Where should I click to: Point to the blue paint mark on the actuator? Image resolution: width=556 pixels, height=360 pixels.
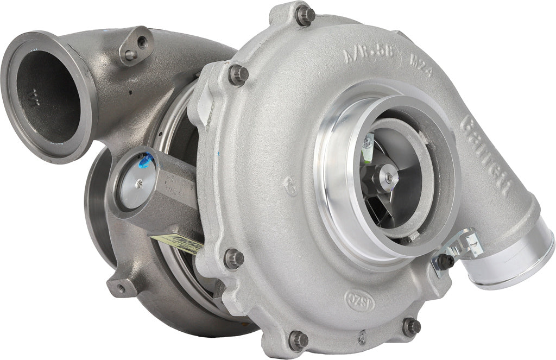[145, 161]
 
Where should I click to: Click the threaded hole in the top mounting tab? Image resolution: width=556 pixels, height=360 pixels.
[142, 40]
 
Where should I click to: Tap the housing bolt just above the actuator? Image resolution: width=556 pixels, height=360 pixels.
[238, 74]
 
